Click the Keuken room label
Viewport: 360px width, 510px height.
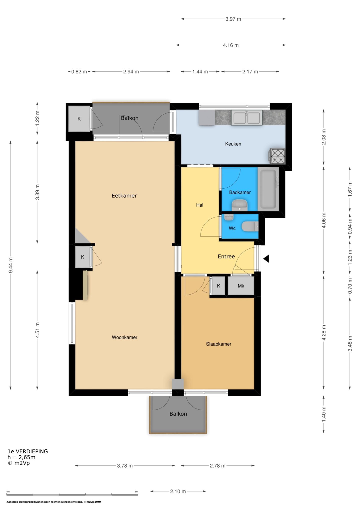tap(233, 144)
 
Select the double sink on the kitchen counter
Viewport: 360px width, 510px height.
tap(247, 117)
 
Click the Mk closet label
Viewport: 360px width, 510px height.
tap(241, 286)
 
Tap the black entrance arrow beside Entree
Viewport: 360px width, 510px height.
tap(266, 258)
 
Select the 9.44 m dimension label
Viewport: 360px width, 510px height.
tap(10, 265)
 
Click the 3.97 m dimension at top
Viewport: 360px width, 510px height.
tap(233, 19)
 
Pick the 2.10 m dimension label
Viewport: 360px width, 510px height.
tap(178, 491)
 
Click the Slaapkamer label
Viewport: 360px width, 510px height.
tap(218, 344)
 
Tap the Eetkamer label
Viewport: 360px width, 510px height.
tap(124, 196)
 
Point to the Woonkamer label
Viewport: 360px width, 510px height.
tap(124, 337)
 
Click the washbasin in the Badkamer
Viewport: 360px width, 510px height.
tap(239, 205)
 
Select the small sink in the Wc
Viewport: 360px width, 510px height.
tap(228, 217)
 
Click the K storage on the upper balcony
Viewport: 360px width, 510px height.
tap(79, 119)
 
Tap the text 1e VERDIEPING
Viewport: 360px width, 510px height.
tap(28, 451)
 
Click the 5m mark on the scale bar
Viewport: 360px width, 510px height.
tap(136, 492)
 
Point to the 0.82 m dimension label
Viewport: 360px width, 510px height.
tap(79, 72)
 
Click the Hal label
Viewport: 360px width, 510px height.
tap(199, 205)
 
